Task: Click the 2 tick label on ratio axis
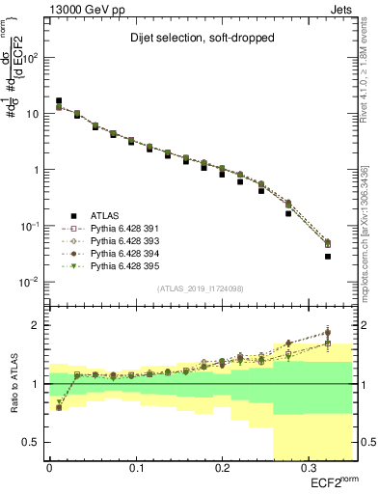pyautogui.click(x=37, y=325)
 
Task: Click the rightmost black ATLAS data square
pyautogui.click(x=328, y=257)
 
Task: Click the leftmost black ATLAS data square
pyautogui.click(x=59, y=100)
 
